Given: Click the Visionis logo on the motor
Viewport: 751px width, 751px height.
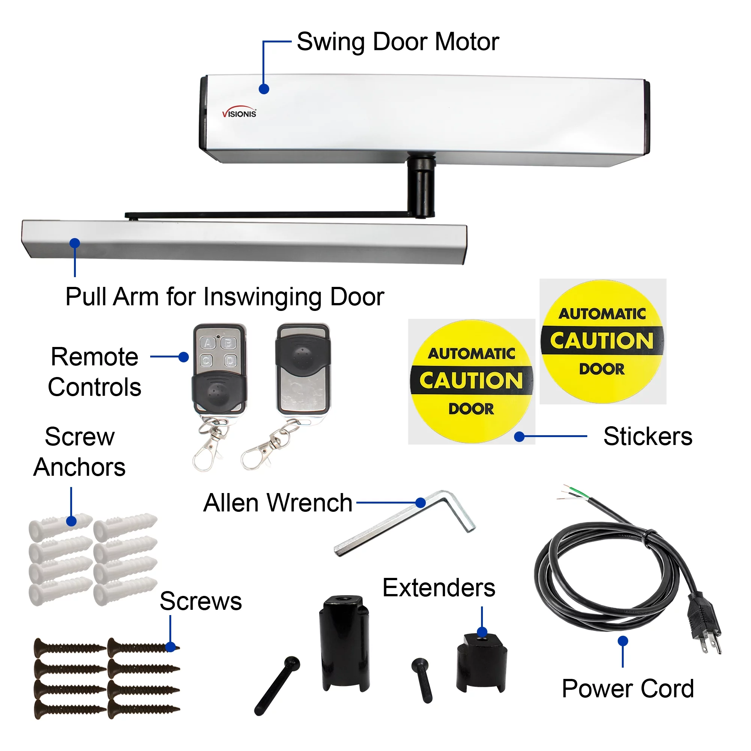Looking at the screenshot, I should tap(239, 112).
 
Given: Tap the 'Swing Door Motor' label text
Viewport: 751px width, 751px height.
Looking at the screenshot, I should tap(397, 42).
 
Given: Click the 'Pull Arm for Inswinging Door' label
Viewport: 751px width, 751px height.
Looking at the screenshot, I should tap(225, 297).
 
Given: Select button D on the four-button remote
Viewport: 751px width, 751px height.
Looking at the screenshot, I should tap(230, 361).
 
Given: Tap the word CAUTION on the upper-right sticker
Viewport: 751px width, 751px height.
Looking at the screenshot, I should tap(602, 341).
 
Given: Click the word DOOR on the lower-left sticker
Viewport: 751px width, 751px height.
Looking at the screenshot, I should tap(471, 409).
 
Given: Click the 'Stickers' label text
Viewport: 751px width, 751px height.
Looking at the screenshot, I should tap(648, 436).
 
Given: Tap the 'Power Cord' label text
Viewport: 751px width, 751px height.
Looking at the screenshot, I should tap(627, 689).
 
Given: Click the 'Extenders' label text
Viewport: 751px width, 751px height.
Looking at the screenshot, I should tap(439, 587).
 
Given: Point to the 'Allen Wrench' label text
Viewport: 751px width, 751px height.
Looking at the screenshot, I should tap(277, 503).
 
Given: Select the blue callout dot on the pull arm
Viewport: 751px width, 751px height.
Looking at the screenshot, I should tap(75, 243).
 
